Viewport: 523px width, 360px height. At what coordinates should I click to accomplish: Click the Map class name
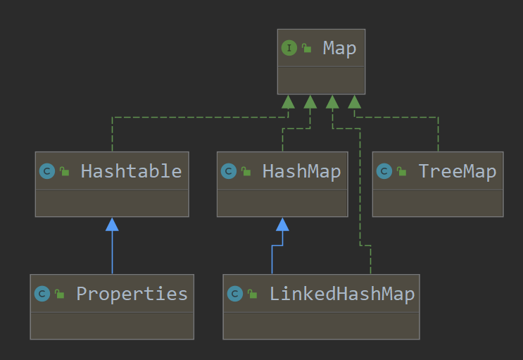339,48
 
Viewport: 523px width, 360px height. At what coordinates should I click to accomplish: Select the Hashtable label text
131,171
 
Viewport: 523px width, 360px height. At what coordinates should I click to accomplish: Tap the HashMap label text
301,171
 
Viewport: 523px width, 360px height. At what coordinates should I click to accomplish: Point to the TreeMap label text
457,171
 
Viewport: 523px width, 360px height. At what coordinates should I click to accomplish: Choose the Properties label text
132,294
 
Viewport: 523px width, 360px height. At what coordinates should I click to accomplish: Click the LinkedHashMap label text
341,294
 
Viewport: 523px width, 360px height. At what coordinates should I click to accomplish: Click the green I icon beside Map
289,48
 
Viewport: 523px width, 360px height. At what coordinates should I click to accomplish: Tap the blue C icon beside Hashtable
47,171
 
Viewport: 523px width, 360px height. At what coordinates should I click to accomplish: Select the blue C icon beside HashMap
228,171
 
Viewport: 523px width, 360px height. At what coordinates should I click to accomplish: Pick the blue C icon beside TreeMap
384,171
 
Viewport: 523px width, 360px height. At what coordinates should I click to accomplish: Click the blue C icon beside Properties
42,294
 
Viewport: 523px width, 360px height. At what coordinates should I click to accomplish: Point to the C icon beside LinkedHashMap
235,294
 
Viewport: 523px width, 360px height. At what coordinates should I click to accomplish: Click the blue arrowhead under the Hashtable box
112,225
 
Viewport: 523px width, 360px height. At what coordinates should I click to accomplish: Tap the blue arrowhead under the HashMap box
282,225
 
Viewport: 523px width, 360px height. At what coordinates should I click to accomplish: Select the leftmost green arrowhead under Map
288,102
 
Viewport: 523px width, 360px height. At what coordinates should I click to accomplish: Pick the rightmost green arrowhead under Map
355,102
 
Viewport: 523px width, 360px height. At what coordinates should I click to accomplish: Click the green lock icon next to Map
307,49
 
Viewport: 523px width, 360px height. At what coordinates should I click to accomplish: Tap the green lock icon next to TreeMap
402,172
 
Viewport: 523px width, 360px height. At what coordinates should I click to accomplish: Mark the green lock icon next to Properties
60,294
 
